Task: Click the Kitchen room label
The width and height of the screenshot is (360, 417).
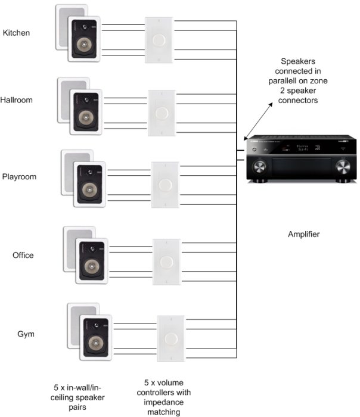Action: pyautogui.click(x=16, y=33)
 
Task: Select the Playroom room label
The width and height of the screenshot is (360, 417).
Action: pyautogui.click(x=19, y=177)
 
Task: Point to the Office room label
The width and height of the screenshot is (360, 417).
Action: pyautogui.click(x=23, y=256)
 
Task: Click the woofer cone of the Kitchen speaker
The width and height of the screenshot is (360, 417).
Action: pyautogui.click(x=83, y=45)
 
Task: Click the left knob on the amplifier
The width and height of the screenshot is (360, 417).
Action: pyautogui.click(x=259, y=166)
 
